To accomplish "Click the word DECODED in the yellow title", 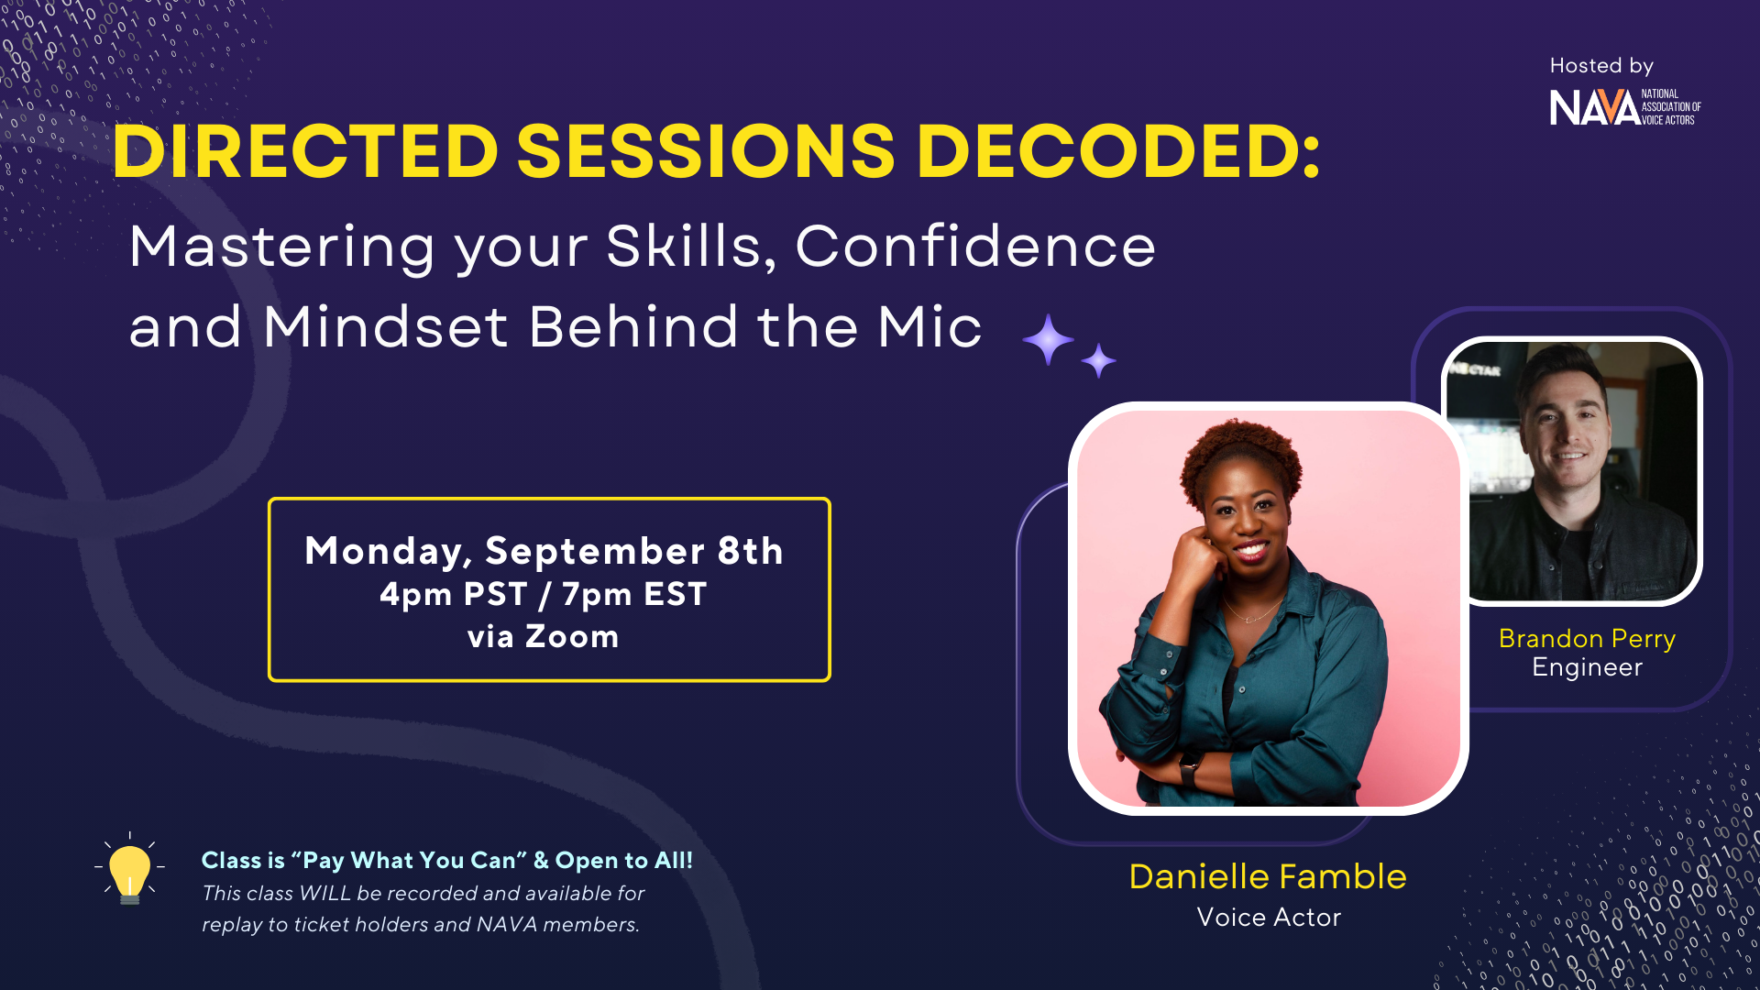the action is click(1117, 150).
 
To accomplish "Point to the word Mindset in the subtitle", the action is click(385, 326).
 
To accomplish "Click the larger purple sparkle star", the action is click(1048, 339).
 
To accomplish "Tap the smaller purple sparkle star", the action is click(1098, 360).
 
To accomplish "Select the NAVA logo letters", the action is click(1594, 108).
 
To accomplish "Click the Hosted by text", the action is click(1601, 66).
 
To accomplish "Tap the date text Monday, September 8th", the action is click(544, 551).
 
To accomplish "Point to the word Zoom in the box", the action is click(572, 636).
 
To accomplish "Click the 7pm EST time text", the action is click(634, 594).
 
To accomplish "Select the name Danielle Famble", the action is click(1268, 876).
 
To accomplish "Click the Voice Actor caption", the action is click(1269, 918).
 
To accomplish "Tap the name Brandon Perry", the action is click(1587, 639).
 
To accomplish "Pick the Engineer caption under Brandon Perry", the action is click(1587, 667).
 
